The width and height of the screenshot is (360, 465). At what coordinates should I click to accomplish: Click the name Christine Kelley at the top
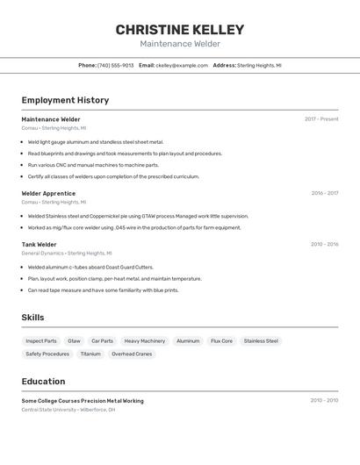point(180,30)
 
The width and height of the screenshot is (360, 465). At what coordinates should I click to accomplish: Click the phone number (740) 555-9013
point(115,65)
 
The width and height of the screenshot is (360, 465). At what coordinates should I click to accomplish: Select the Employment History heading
point(65,100)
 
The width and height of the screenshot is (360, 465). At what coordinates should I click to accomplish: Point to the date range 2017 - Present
point(321,119)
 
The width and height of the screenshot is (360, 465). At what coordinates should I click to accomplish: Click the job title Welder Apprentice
point(48,193)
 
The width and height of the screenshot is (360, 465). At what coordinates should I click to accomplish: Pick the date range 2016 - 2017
point(324,193)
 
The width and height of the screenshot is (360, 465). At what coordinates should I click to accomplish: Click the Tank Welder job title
point(39,245)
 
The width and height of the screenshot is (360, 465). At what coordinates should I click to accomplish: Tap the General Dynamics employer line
point(68,253)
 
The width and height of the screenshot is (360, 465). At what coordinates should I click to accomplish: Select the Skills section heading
point(32,318)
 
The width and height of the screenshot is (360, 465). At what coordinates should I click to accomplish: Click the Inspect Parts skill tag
point(41,340)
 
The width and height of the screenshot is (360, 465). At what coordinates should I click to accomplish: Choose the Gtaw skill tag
point(74,340)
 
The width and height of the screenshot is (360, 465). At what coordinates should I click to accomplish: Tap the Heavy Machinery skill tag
point(144,340)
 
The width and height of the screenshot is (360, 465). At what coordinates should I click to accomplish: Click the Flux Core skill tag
point(221,340)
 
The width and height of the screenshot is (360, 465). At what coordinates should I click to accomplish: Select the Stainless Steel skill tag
point(261,340)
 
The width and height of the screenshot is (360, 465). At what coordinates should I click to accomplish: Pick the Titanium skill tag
point(90,354)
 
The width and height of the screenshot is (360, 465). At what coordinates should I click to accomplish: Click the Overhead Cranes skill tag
point(132,354)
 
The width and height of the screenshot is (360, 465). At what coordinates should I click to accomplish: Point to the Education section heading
point(43,382)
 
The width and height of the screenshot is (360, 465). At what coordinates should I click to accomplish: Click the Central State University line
point(68,409)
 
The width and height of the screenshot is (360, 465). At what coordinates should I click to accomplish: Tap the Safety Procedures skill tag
point(47,354)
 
